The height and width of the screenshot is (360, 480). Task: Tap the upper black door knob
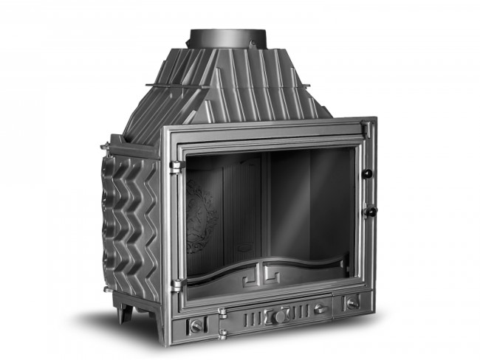click(366, 173)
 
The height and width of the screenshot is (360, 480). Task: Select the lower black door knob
click(369, 211)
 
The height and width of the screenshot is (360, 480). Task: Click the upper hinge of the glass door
click(175, 167)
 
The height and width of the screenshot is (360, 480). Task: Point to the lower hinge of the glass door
click(176, 283)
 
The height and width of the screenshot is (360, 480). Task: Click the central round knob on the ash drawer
click(279, 316)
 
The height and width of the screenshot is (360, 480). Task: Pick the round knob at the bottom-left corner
click(196, 325)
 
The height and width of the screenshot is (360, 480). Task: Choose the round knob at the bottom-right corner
click(353, 302)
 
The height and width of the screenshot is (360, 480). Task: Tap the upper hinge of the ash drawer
click(222, 314)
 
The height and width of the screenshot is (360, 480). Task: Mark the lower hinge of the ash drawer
click(222, 333)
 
